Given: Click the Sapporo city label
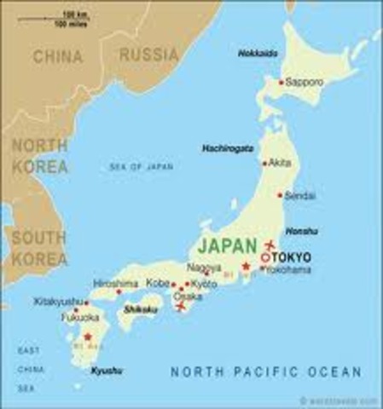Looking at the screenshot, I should point(305,83).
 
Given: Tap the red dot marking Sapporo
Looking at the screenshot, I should point(281,83).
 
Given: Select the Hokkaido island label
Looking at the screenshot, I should point(257,53).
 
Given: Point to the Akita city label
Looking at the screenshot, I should point(279,162).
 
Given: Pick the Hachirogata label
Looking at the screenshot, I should point(228,148).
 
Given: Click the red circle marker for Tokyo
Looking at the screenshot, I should point(265,257).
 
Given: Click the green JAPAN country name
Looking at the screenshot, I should point(227,245).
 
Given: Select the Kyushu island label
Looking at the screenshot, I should point(107,372).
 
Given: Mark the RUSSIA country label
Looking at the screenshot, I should point(149,55).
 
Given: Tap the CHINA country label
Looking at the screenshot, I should point(59,56).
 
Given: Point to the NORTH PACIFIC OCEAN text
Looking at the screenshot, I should point(266,372).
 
